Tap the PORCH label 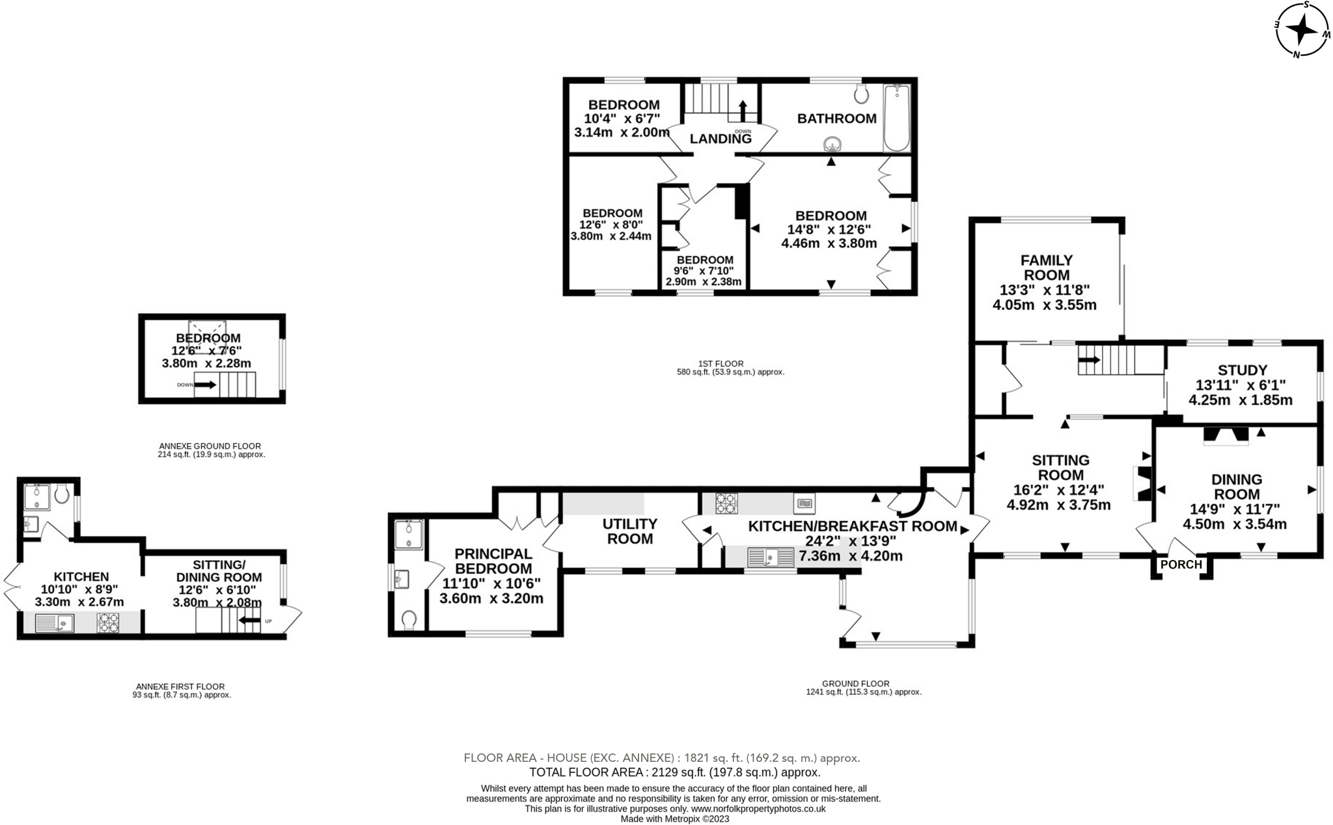tap(1181, 565)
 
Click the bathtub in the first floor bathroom tap(897, 118)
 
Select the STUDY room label tap(1241, 371)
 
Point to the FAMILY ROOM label tap(1046, 268)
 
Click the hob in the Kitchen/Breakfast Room tap(726, 503)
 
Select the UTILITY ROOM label tap(629, 531)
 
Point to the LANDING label tap(720, 139)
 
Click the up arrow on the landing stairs tap(742, 111)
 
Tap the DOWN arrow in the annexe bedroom tap(205, 385)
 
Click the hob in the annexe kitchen tap(109, 623)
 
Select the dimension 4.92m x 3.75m tap(1058, 505)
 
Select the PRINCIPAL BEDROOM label tap(493, 561)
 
